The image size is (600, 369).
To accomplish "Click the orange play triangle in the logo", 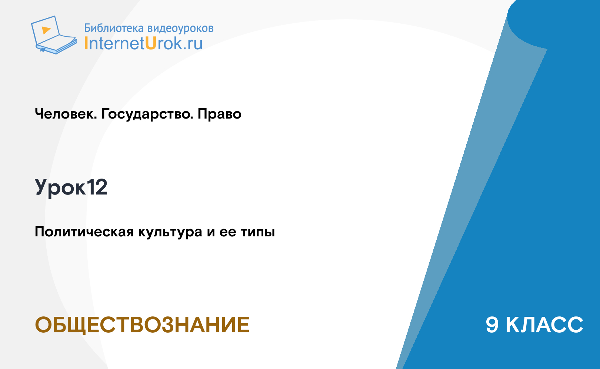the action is tap(46, 30).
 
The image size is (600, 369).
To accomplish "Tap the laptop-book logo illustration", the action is tap(54, 35).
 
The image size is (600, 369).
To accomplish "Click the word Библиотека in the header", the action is tap(114, 28).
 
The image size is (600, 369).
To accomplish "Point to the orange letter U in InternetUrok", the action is tap(151, 43).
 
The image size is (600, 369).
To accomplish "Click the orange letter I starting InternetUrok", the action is tap(86, 43).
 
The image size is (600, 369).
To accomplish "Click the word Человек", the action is tap(66, 114).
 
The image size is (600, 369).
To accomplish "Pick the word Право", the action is tap(219, 114).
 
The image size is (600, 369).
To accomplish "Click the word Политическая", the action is tap(84, 232).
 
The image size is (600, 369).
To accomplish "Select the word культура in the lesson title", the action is tap(170, 232).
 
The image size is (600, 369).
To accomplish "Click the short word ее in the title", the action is tap(228, 232).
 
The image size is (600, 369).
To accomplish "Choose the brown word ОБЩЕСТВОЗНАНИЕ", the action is tap(142, 325).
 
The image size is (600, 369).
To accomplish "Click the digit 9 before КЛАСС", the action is tap(492, 325).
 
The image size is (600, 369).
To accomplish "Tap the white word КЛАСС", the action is tap(544, 325).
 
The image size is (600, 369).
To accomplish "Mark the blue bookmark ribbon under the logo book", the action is tap(43, 50).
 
